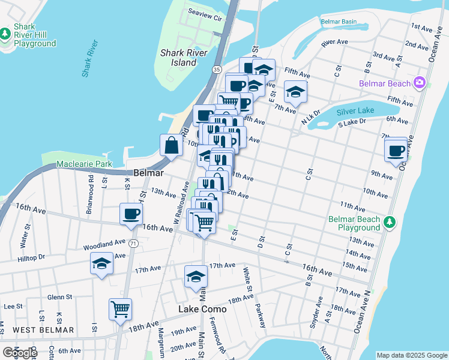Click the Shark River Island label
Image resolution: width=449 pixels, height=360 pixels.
(184, 57)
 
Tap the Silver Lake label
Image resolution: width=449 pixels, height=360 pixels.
(355, 111)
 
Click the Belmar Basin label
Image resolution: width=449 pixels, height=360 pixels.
(339, 22)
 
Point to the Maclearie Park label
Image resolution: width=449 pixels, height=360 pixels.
(84, 164)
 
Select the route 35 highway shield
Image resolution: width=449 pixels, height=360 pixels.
(215, 70)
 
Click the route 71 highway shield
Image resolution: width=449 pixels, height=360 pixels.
(133, 243)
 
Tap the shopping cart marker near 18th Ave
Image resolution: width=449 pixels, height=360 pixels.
(121, 309)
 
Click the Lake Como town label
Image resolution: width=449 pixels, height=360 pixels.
(203, 309)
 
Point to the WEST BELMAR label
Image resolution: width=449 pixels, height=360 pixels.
(44, 330)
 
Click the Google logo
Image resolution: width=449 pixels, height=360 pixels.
(20, 353)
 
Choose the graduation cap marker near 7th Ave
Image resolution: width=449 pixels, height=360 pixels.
(295, 92)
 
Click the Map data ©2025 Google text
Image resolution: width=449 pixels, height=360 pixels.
(412, 355)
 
